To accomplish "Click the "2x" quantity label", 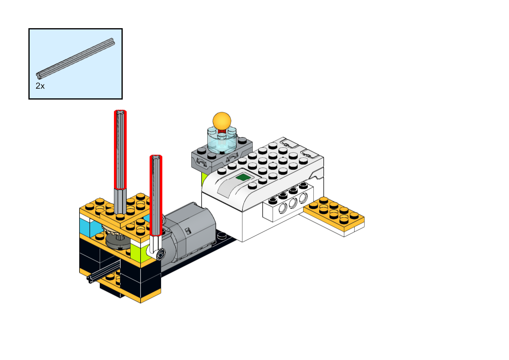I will tap(40, 86).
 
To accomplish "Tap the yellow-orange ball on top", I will tap(222, 121).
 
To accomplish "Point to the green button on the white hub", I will tap(242, 177).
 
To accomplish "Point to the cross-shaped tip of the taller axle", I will tap(120, 113).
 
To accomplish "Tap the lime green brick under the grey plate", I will tap(204, 178).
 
